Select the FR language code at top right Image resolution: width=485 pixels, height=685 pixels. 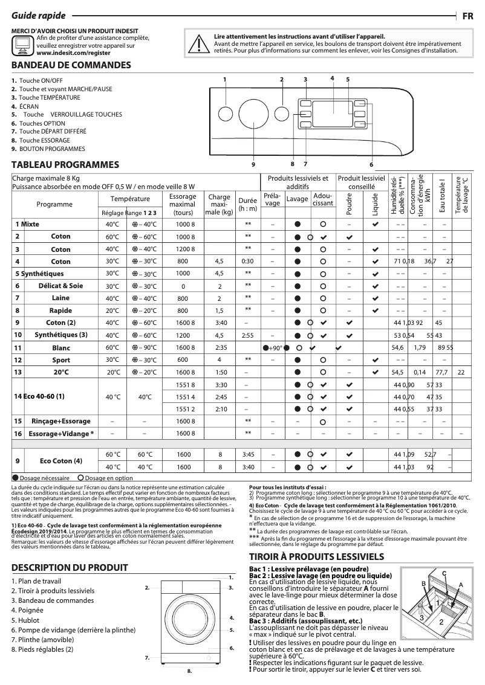[467, 16]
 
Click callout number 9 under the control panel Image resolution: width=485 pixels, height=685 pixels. [253, 164]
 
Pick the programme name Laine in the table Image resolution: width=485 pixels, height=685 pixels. [60, 298]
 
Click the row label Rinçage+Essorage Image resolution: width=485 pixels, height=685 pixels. [60, 420]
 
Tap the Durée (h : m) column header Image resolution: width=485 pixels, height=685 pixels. [247, 204]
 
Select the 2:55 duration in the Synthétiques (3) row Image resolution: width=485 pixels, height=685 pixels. [247, 335]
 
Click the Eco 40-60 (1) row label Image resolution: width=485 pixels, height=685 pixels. [39, 397]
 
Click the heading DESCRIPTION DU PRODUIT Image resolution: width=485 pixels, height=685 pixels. [70, 567]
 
